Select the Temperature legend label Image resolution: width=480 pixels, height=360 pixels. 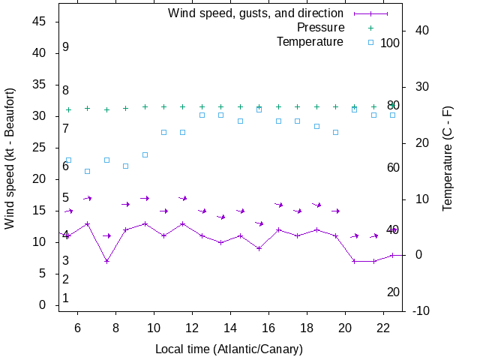tap(310, 42)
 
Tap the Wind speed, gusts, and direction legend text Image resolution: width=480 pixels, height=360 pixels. tap(255, 13)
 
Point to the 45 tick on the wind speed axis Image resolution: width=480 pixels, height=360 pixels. tap(40, 22)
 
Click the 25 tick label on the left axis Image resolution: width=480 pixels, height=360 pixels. tap(40, 148)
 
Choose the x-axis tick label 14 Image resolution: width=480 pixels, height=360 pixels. tap(230, 328)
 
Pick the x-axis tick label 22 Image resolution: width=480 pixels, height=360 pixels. tap(382, 328)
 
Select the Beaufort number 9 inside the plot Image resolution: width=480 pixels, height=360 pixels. tap(66, 47)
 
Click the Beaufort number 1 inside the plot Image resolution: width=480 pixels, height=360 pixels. tap(66, 298)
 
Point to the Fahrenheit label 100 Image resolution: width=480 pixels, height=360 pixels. tap(390, 43)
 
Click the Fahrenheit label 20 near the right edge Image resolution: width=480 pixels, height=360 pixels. tap(393, 292)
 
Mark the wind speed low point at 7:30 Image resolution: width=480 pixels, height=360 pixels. tap(106, 261)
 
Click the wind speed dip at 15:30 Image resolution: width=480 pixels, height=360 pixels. tap(259, 248)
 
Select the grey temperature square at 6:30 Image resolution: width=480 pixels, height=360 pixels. tap(88, 171)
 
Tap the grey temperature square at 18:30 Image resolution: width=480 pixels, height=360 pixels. tap(316, 126)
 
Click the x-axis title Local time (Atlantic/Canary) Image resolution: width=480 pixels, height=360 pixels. tap(229, 349)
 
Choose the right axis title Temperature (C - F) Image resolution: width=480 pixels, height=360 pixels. tap(448, 157)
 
